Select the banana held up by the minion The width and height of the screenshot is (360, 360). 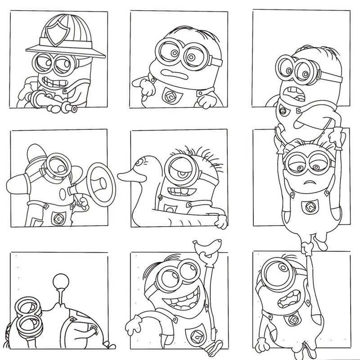click(x=207, y=247)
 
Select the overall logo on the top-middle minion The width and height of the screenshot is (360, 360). click(x=171, y=95)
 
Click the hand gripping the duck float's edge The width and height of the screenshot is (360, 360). click(x=221, y=222)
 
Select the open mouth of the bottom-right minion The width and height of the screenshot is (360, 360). click(x=288, y=297)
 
